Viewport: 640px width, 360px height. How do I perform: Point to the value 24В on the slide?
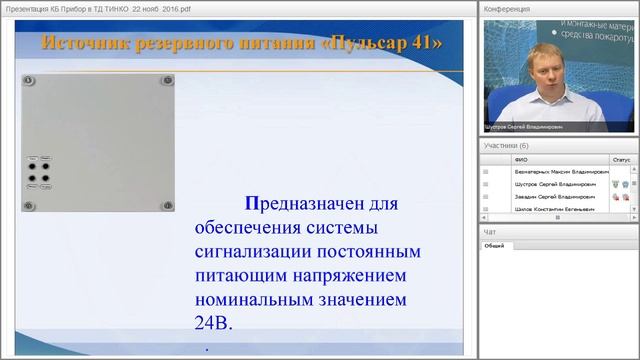[x=212, y=324]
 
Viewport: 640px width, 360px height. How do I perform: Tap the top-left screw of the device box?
[x=30, y=80]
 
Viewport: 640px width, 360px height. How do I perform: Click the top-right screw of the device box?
[x=167, y=80]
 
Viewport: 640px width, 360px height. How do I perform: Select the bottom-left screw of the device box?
[x=30, y=204]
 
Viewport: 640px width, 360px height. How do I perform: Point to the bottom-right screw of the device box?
[x=167, y=204]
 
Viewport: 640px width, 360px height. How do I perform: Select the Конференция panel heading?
[x=507, y=9]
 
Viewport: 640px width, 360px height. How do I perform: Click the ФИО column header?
[x=521, y=158]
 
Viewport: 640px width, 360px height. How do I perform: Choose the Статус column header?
[x=621, y=158]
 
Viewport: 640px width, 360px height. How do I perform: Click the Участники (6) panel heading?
[x=507, y=145]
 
